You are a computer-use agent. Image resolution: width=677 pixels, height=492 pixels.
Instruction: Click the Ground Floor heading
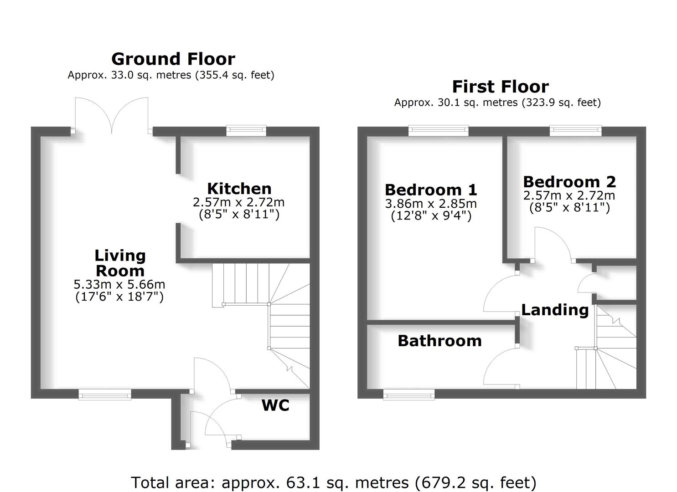(x=173, y=59)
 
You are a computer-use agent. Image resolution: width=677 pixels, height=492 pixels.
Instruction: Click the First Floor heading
(x=500, y=87)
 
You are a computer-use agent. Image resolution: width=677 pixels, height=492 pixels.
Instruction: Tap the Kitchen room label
(x=239, y=189)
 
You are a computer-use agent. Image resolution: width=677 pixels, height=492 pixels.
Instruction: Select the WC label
(x=275, y=405)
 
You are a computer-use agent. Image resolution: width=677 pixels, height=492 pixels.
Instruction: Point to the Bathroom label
(x=439, y=341)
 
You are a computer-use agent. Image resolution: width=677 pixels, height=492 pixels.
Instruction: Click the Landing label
(x=555, y=310)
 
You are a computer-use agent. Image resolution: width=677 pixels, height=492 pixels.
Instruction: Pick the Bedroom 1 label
(x=431, y=190)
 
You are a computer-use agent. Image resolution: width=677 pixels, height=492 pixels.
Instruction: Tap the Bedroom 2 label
(x=569, y=182)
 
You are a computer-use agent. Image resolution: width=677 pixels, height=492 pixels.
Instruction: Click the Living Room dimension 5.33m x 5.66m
(x=119, y=285)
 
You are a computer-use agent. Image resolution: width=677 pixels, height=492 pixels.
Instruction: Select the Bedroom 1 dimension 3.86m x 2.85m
(x=431, y=203)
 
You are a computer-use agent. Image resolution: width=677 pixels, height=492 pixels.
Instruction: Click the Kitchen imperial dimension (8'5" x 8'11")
(x=239, y=214)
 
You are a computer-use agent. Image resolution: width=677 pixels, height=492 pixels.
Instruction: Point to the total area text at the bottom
(x=334, y=482)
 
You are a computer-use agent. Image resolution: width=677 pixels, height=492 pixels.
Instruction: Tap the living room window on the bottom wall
(x=105, y=395)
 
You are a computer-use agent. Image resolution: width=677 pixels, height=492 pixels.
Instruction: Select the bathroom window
(x=409, y=395)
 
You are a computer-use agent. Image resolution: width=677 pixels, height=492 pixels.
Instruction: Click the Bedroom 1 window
(x=438, y=131)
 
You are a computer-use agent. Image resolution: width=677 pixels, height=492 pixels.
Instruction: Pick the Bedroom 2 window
(x=575, y=131)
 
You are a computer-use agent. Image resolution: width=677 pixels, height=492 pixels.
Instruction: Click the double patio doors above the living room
(x=112, y=116)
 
